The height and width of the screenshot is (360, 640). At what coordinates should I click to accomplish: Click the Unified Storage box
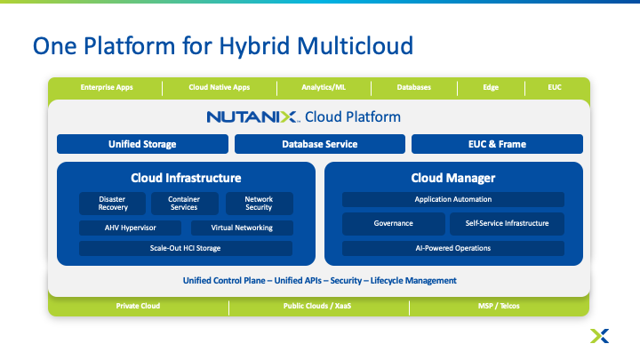click(142, 144)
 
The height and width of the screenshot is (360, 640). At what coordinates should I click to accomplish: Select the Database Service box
click(320, 144)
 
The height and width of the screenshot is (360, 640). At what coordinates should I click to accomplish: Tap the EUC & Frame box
click(497, 144)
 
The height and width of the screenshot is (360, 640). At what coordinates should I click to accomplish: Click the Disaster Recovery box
click(113, 204)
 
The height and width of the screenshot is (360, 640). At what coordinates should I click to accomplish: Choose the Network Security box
click(259, 204)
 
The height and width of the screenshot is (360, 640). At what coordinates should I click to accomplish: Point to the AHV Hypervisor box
click(132, 228)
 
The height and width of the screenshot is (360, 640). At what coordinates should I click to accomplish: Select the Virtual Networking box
click(242, 228)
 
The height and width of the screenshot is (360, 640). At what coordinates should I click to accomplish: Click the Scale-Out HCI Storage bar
click(186, 248)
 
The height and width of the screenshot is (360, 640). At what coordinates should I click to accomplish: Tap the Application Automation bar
click(453, 199)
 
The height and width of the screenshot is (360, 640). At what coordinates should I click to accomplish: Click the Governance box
click(393, 224)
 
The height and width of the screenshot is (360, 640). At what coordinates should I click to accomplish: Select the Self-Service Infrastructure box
click(507, 224)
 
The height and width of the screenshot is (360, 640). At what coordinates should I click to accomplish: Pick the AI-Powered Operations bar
click(453, 248)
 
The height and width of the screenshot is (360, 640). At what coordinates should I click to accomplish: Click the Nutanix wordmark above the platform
click(252, 116)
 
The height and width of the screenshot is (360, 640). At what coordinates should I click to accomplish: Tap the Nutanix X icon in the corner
click(599, 335)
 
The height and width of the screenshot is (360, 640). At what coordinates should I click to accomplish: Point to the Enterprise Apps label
click(105, 87)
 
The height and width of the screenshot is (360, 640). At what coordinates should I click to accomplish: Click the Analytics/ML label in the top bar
click(324, 87)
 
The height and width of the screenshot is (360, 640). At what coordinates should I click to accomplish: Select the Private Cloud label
click(138, 306)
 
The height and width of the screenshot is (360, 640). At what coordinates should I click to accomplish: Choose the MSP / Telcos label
click(498, 306)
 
